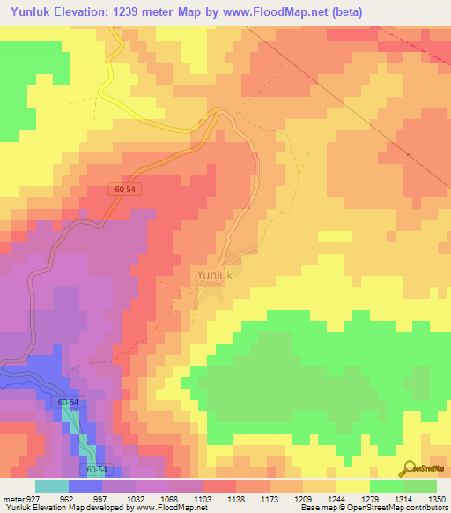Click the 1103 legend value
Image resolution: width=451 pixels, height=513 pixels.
pos(203,498)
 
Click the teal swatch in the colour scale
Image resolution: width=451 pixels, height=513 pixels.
pos(52,486)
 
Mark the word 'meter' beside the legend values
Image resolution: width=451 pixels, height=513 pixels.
pos(12,498)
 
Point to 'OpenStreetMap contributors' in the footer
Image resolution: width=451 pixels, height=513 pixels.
pos(401,508)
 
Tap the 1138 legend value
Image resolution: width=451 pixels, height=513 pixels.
pos(236,498)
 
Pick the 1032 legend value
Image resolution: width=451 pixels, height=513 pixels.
pos(136,498)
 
